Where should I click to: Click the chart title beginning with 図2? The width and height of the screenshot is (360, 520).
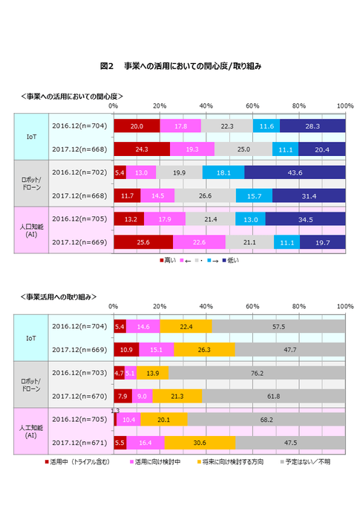180,66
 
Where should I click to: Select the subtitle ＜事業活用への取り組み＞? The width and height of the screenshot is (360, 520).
59,296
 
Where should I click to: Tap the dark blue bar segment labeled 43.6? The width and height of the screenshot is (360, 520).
295,172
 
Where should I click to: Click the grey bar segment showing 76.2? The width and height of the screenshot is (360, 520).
257,373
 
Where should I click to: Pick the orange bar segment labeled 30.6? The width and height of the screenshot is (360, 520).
200,443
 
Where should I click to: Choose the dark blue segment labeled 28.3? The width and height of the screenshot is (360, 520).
312,126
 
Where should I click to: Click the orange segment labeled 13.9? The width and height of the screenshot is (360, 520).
152,373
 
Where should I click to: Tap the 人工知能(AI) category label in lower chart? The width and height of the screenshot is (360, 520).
31,431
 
